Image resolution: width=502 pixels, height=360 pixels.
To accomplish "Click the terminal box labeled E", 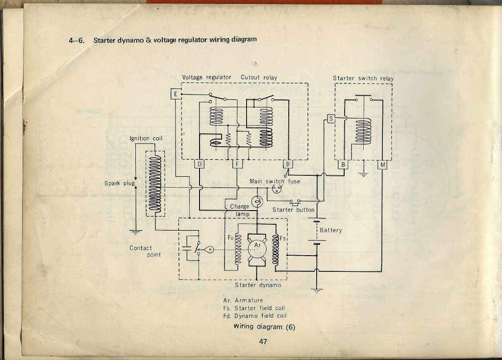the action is (x=176, y=94).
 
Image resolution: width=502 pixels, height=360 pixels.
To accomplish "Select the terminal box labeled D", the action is (x=200, y=164).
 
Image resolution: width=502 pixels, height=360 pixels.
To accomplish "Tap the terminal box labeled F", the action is (x=237, y=164).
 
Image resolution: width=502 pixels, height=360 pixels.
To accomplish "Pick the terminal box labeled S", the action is (x=331, y=119).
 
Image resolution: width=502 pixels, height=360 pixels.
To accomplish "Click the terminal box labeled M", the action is (x=382, y=165).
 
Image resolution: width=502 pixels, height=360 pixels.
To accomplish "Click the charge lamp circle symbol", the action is (x=257, y=202).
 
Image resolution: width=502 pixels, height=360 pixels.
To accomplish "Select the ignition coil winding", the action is (x=155, y=184).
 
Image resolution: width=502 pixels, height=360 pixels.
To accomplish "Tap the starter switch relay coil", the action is (x=363, y=131).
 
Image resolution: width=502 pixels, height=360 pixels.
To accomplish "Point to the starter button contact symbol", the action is (x=295, y=202).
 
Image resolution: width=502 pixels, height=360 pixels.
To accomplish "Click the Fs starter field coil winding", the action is (x=276, y=250).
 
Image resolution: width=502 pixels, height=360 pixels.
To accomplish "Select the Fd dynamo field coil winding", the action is (x=238, y=250).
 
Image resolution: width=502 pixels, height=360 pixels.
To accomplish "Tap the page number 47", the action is (x=263, y=341).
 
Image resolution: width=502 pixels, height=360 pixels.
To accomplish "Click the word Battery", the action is (x=331, y=230).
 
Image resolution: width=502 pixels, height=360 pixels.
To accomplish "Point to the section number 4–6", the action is (x=77, y=40).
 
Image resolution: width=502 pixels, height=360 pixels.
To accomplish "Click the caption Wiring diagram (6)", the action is (x=264, y=327).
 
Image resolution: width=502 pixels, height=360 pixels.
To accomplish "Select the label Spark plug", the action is (x=120, y=183).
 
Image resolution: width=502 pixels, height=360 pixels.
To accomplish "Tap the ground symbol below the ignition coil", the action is (x=135, y=232).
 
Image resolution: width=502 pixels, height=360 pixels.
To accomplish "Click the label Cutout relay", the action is (x=259, y=77).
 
